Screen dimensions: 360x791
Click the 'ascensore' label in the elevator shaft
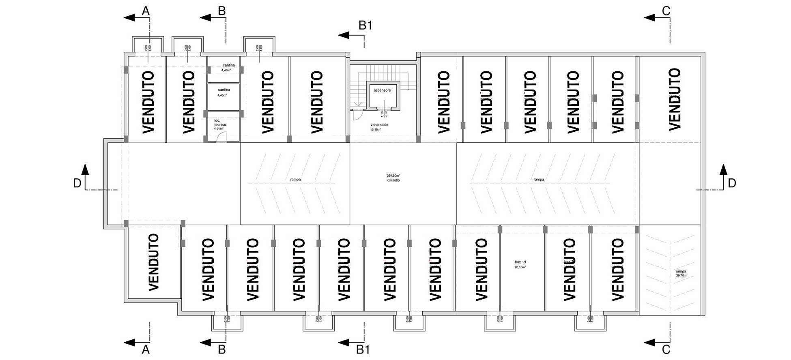coord(382,90)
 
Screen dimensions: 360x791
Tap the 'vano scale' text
coord(379,125)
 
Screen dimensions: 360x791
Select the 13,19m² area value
coord(376,130)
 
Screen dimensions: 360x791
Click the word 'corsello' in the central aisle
coord(393,180)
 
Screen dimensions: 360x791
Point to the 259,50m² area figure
coord(393,176)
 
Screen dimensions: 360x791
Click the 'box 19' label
coord(520,262)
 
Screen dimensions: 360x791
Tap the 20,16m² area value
coord(520,268)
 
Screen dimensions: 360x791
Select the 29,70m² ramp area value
coord(681,276)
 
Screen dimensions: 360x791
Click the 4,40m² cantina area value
coord(226,70)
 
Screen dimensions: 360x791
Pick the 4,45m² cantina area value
coord(222,95)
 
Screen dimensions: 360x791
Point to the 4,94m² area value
coord(219,129)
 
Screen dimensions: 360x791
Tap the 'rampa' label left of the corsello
coord(295,180)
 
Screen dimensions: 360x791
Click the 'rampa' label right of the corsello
coord(539,180)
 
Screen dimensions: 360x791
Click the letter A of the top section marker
coord(146,11)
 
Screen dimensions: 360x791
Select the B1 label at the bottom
coord(363,349)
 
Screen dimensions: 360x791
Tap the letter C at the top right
coord(666,11)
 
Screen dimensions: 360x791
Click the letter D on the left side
coord(77,184)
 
